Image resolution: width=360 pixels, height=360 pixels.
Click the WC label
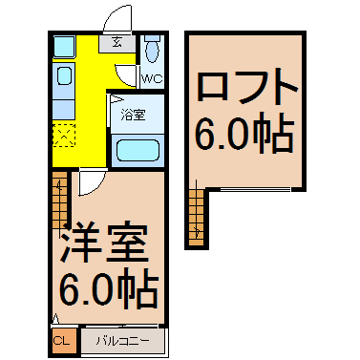(152, 78)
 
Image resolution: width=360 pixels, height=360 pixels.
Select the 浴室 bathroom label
(133, 115)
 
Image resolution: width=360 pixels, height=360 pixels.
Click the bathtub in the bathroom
(138, 151)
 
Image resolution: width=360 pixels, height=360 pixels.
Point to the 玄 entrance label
(116, 42)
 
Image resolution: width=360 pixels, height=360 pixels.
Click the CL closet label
(61, 341)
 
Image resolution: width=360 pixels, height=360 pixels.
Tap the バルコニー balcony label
(123, 342)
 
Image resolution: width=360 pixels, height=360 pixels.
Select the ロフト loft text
(247, 88)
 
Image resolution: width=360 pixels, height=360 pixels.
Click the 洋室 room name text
(105, 243)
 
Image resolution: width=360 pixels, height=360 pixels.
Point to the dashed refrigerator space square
(64, 136)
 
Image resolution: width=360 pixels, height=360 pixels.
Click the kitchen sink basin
(64, 75)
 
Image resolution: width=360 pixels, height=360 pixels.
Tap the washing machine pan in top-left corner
(64, 47)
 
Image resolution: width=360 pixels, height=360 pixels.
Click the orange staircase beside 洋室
(59, 201)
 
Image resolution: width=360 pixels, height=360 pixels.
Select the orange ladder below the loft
(196, 218)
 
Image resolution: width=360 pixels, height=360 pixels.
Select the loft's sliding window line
(255, 190)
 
